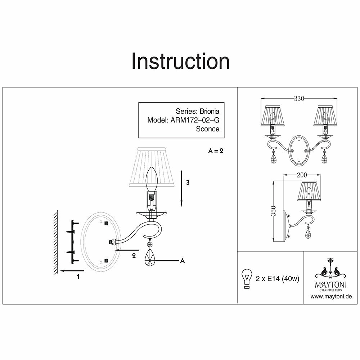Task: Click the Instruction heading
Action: [x=180, y=61]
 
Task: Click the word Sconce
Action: [x=207, y=129]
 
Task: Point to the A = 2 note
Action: [x=216, y=151]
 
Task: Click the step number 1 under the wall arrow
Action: [x=78, y=277]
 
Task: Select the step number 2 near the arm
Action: [x=134, y=256]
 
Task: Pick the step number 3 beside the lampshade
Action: [x=188, y=183]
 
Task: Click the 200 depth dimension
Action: [x=301, y=175]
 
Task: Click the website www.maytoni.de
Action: [x=331, y=297]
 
